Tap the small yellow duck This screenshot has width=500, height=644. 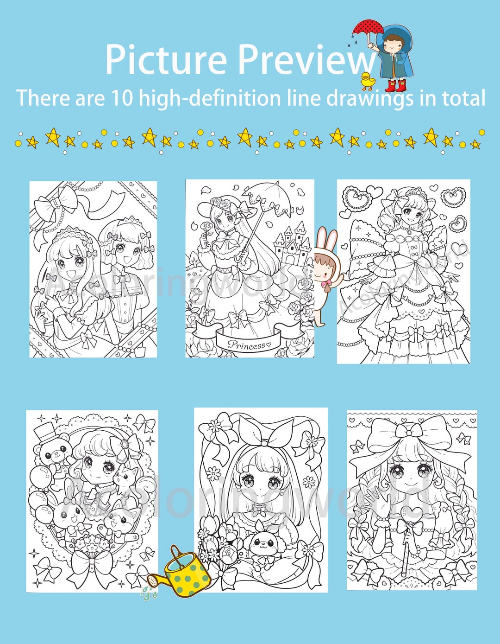[368, 82]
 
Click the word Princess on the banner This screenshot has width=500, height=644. [246, 345]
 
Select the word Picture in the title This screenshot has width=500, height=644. [166, 59]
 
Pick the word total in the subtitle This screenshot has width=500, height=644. [463, 98]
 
